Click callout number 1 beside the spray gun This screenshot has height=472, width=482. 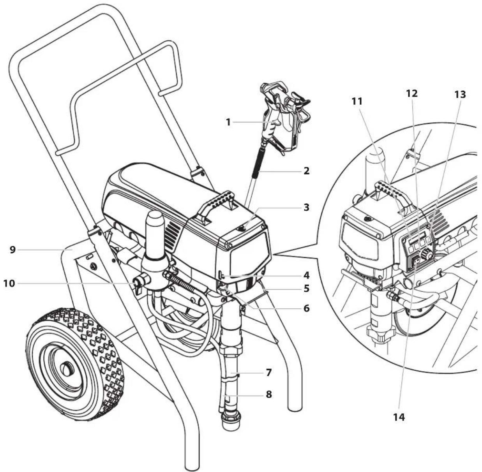tap(228, 123)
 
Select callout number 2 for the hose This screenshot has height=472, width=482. tap(306, 171)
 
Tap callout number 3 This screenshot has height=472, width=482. tap(306, 207)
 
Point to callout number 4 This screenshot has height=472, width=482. tap(306, 275)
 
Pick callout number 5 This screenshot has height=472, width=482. tap(306, 289)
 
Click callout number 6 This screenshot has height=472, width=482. tap(306, 308)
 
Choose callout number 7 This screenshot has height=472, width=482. tap(268, 373)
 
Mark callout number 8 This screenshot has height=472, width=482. tap(268, 395)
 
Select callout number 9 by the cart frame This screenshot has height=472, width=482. tap(12, 250)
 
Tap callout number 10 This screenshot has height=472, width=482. tap(9, 284)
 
